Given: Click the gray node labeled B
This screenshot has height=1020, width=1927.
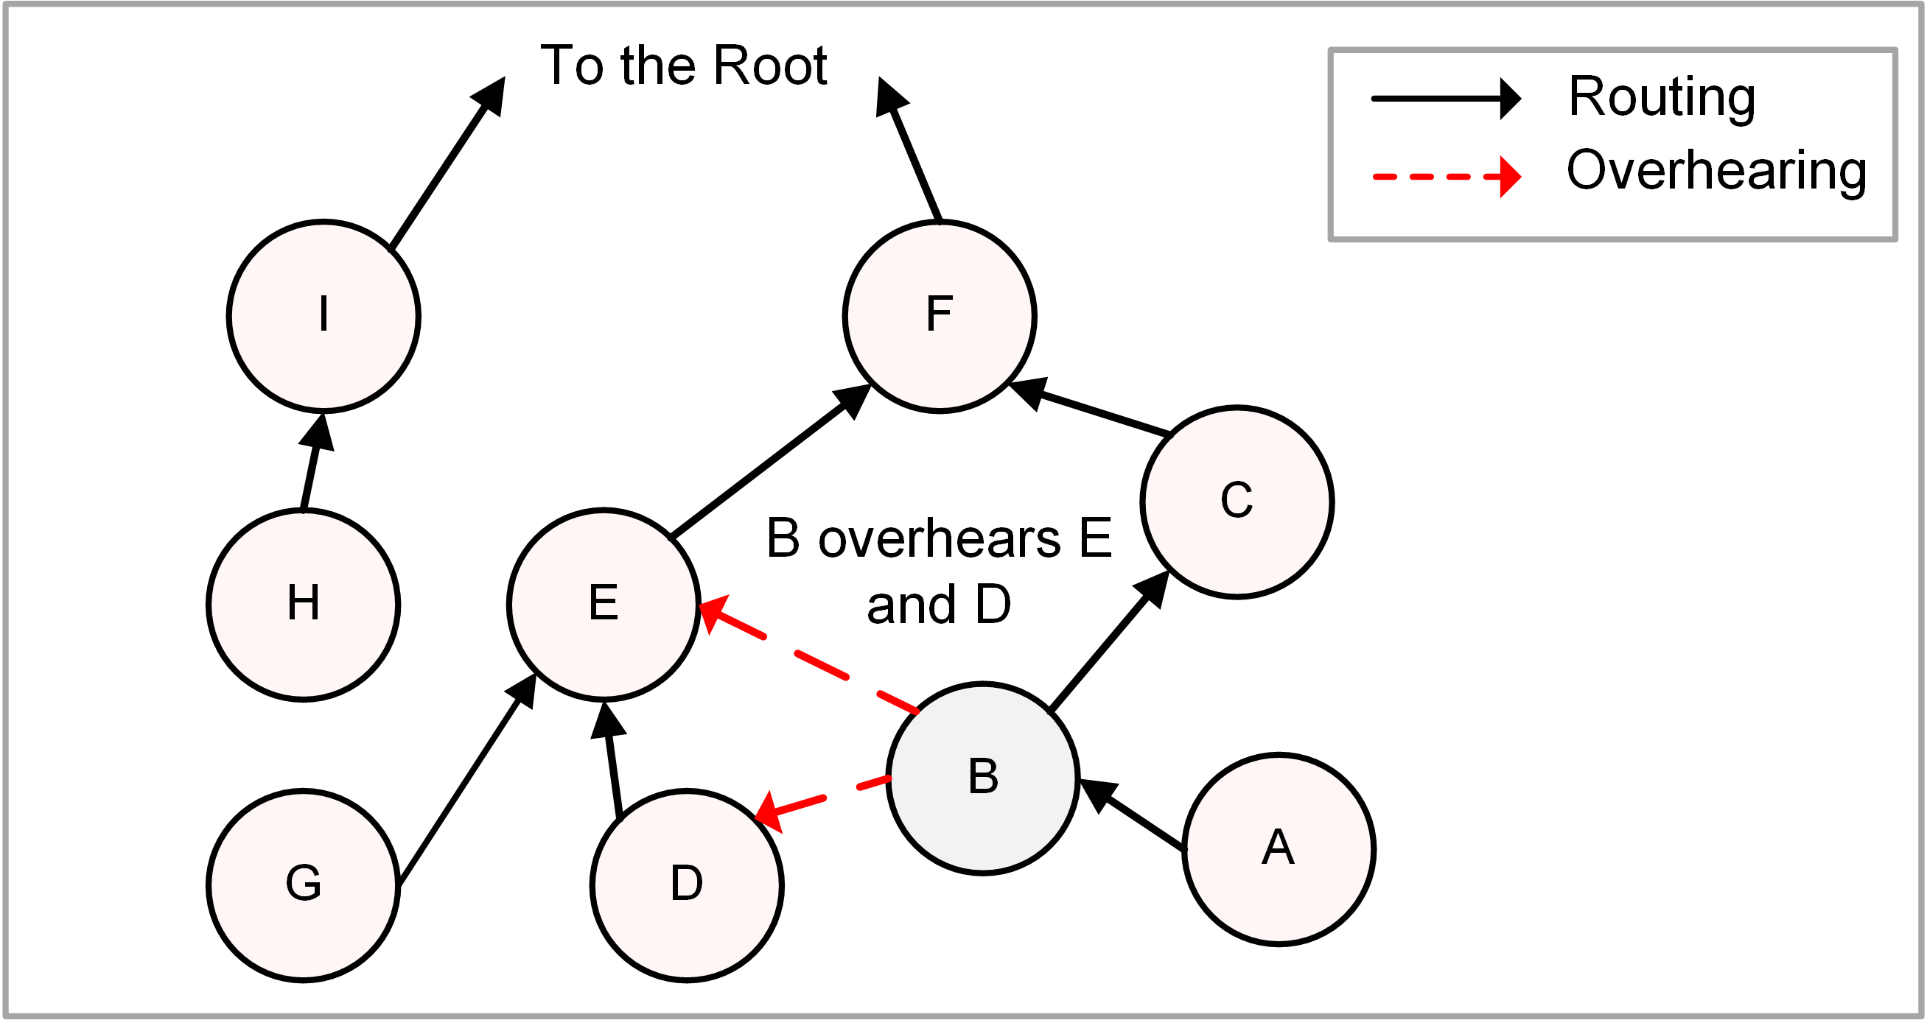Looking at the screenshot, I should click(982, 778).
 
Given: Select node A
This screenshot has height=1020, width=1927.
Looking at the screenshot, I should click(1279, 848).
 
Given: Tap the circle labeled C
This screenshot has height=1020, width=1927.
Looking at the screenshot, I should click(1237, 502).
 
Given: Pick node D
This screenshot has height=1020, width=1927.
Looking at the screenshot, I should click(687, 884).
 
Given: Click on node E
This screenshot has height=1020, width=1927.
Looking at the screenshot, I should click(604, 603).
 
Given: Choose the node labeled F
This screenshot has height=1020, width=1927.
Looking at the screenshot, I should click(940, 315).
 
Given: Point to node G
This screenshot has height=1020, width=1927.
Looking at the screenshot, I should click(303, 884).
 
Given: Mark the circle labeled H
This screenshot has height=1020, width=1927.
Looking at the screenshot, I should click(303, 603).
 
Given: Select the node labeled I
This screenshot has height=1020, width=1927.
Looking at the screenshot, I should click(324, 315).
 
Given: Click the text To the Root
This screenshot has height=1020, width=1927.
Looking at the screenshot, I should click(683, 66).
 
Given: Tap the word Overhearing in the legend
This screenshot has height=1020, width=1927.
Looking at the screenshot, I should click(1716, 172).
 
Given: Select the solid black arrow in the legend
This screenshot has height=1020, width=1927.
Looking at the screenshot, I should click(1445, 98).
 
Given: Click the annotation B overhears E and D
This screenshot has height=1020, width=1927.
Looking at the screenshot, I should click(938, 570).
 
